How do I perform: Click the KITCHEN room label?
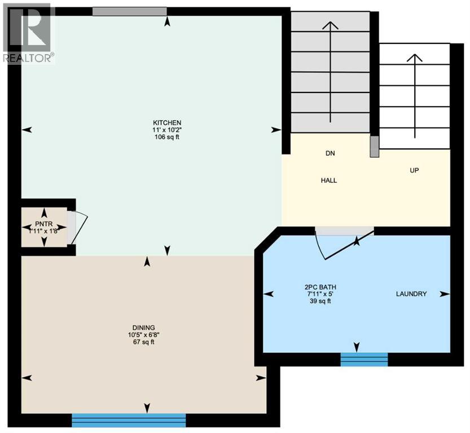point(167,123)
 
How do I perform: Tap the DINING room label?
point(144,328)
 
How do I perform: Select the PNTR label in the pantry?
point(44,224)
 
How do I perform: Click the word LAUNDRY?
point(411,294)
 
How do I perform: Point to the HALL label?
point(329,180)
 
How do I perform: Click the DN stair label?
point(330,153)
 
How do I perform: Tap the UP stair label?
point(414,170)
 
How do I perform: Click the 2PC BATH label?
point(320,287)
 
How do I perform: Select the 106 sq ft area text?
point(167,137)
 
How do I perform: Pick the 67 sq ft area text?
point(144,342)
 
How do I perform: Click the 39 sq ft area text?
point(320,301)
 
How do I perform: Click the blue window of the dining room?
point(129,420)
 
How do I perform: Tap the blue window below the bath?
point(364,359)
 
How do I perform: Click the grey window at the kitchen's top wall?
point(130,11)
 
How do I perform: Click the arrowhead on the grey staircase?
point(330,25)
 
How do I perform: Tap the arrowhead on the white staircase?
point(415,58)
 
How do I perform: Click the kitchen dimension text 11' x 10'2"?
point(167,130)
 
